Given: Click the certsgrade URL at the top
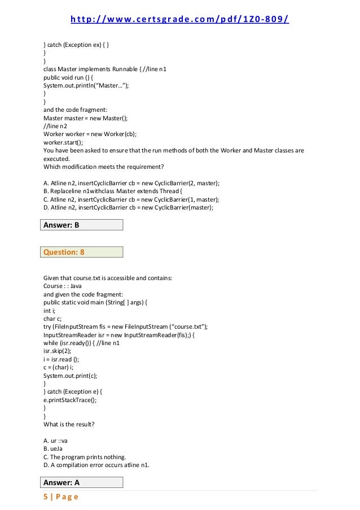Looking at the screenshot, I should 179,20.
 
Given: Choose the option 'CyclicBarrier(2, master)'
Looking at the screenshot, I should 131,184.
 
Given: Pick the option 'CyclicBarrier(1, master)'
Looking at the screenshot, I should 131,199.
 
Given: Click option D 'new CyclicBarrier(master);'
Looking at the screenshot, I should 128,207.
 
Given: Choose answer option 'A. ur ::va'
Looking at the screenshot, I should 56,440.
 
